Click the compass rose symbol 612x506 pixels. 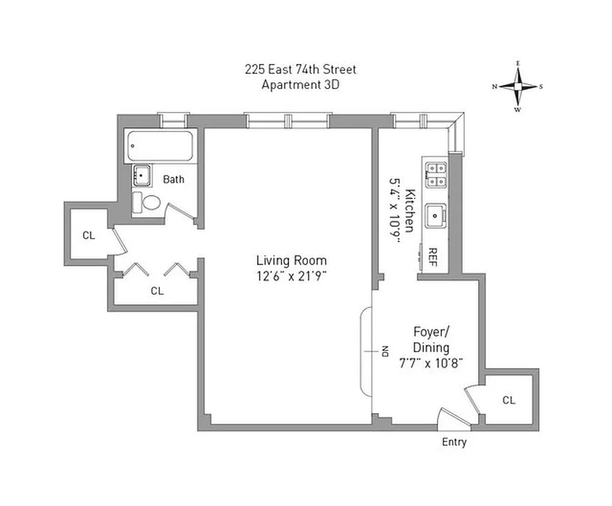518,87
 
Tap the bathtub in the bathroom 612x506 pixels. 161,146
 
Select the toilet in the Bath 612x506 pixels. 150,203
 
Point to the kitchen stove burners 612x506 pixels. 436,175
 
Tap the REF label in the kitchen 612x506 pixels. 434,257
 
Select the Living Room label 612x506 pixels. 291,260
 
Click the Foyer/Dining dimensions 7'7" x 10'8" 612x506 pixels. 431,362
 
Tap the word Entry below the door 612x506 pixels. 454,442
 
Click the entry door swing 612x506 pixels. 450,417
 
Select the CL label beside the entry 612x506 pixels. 508,400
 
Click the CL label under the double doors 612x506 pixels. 157,291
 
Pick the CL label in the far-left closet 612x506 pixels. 89,235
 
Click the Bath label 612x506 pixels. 174,179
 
